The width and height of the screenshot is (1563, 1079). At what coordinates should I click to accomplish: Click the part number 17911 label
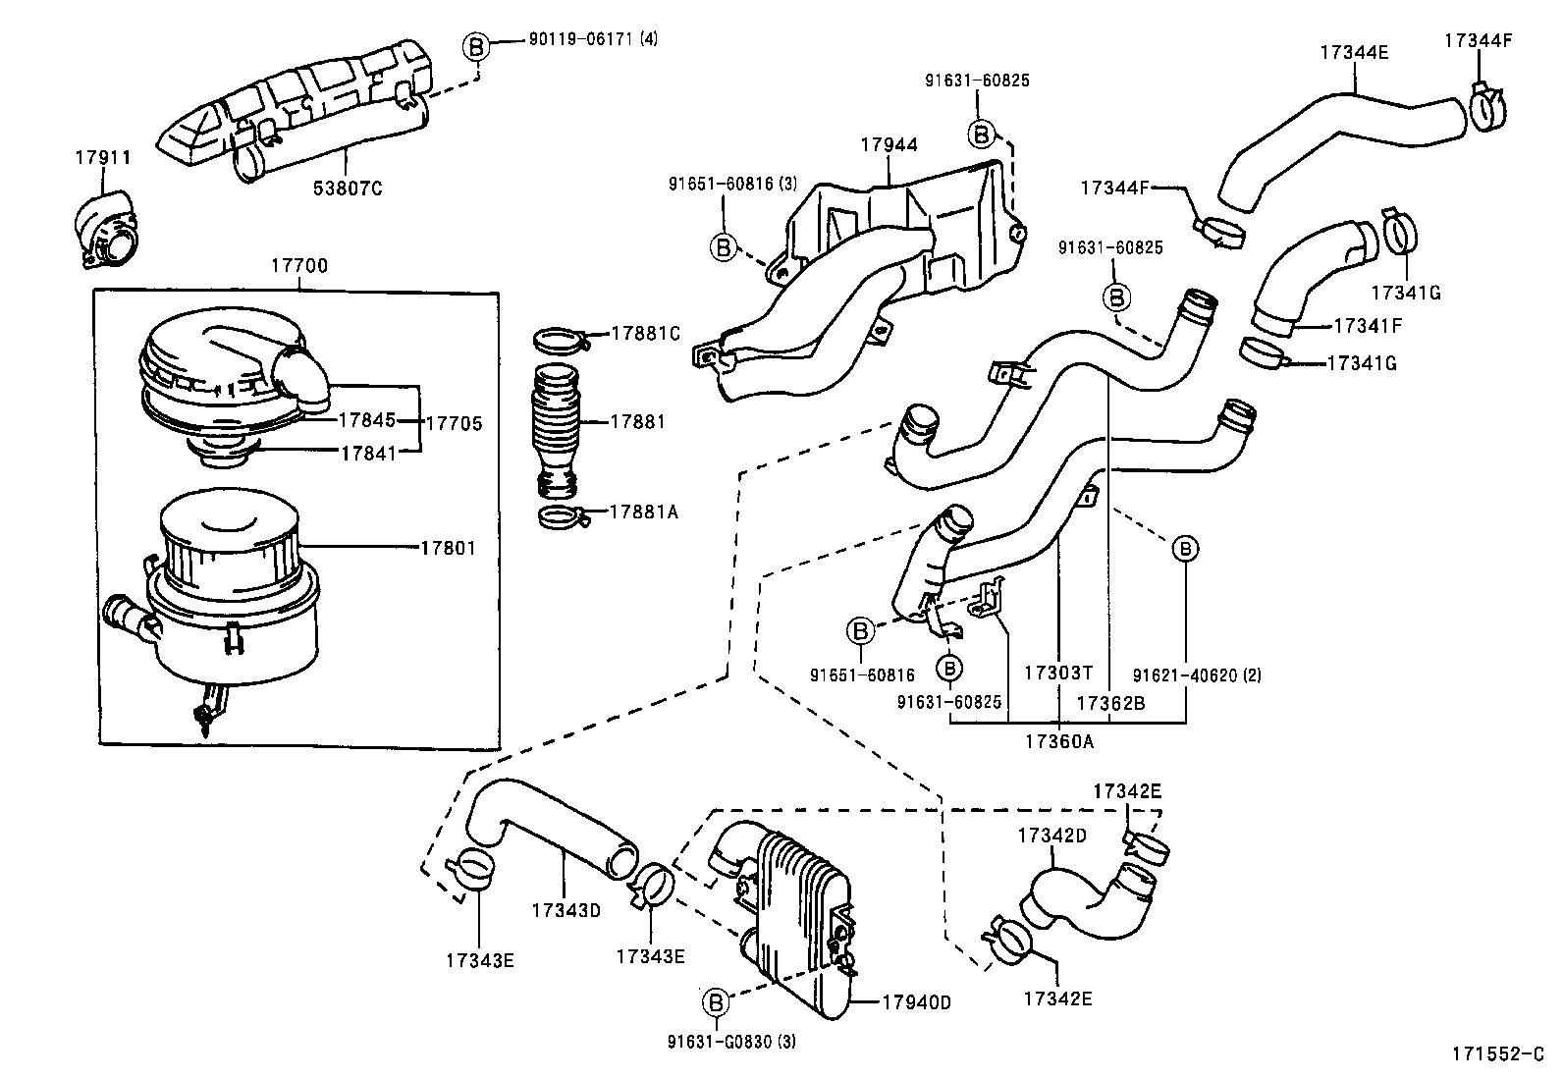[103, 157]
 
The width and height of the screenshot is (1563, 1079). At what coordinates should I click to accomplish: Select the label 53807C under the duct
[348, 189]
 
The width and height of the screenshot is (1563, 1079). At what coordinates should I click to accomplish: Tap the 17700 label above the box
[299, 266]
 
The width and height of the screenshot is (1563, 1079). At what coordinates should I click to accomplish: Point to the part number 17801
[448, 548]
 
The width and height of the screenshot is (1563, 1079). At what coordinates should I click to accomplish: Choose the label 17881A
[644, 513]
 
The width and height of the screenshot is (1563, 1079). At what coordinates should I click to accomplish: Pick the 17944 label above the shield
[889, 145]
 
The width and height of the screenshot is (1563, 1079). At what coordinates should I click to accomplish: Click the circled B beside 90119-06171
[475, 45]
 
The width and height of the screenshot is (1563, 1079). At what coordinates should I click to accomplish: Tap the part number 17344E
[1354, 53]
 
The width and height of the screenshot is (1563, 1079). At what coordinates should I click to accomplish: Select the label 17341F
[1368, 325]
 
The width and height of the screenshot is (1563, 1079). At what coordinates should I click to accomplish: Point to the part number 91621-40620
[1196, 675]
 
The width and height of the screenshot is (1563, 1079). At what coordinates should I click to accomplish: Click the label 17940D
[916, 1002]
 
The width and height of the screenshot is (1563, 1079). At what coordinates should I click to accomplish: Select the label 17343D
[566, 910]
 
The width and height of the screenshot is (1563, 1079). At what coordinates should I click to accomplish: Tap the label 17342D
[1051, 836]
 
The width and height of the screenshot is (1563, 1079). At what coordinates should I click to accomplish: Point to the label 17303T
[1057, 674]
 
